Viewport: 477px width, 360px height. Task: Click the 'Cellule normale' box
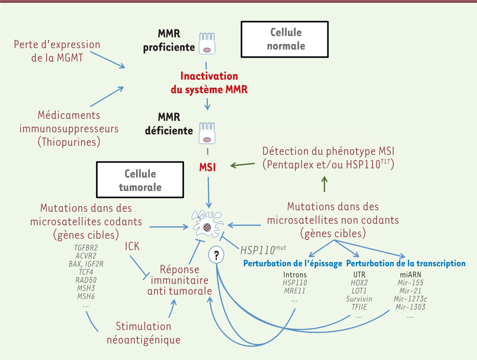285,39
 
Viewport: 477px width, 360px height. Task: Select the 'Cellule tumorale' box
140,179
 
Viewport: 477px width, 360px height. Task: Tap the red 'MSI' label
207,167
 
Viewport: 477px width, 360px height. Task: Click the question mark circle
216,255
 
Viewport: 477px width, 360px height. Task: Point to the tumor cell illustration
207,224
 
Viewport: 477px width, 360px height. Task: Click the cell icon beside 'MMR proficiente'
207,43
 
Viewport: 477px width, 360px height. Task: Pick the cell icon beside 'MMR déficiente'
207,133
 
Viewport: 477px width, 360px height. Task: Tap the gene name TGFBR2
86,248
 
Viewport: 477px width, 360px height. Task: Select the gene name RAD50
86,280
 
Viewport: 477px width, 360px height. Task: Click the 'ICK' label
132,246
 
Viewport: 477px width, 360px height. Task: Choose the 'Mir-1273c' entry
410,299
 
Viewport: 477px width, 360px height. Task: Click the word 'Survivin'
359,299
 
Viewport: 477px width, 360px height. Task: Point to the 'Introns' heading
295,274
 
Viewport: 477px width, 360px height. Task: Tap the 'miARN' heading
411,274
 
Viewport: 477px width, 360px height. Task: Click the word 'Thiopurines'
69,142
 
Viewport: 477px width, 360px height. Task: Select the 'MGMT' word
70,58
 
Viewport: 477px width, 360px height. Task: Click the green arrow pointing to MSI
242,165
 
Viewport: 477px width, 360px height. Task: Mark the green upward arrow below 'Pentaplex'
324,184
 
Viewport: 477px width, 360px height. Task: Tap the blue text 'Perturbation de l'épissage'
293,263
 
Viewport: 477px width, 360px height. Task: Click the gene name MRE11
295,291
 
